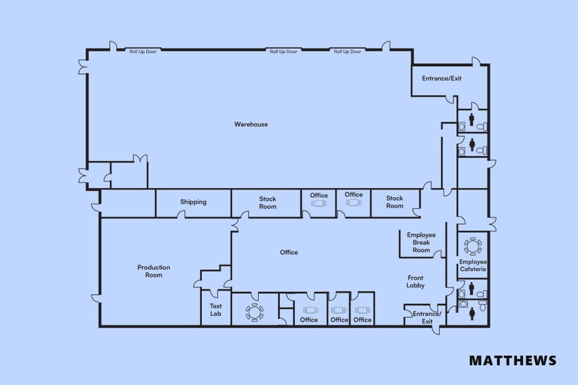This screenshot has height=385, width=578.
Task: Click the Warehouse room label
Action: [251, 124]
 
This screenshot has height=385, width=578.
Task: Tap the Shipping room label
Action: [193, 202]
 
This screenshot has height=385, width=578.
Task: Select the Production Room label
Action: [154, 271]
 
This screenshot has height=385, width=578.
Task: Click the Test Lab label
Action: [216, 310]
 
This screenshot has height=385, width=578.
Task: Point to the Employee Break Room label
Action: [421, 242]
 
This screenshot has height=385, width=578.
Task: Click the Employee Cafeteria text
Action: [472, 265]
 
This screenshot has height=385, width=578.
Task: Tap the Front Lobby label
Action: [415, 282]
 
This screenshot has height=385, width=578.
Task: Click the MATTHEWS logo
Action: [512, 360]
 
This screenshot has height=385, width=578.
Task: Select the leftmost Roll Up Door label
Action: [142, 51]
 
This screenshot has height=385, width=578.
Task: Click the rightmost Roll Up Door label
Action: [347, 51]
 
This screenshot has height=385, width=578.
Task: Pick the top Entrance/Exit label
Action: [442, 78]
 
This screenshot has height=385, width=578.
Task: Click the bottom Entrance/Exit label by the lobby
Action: [427, 318]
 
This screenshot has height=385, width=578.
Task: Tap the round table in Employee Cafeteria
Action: [472, 246]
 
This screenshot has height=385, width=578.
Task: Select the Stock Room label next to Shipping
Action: [267, 202]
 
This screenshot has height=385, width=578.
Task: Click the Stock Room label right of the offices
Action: [395, 202]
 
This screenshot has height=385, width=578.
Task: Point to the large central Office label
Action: [288, 252]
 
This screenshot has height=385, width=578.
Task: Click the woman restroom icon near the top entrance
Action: [472, 144]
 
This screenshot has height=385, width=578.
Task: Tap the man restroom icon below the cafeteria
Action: [472, 289]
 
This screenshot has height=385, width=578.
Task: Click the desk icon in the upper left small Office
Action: [319, 204]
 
